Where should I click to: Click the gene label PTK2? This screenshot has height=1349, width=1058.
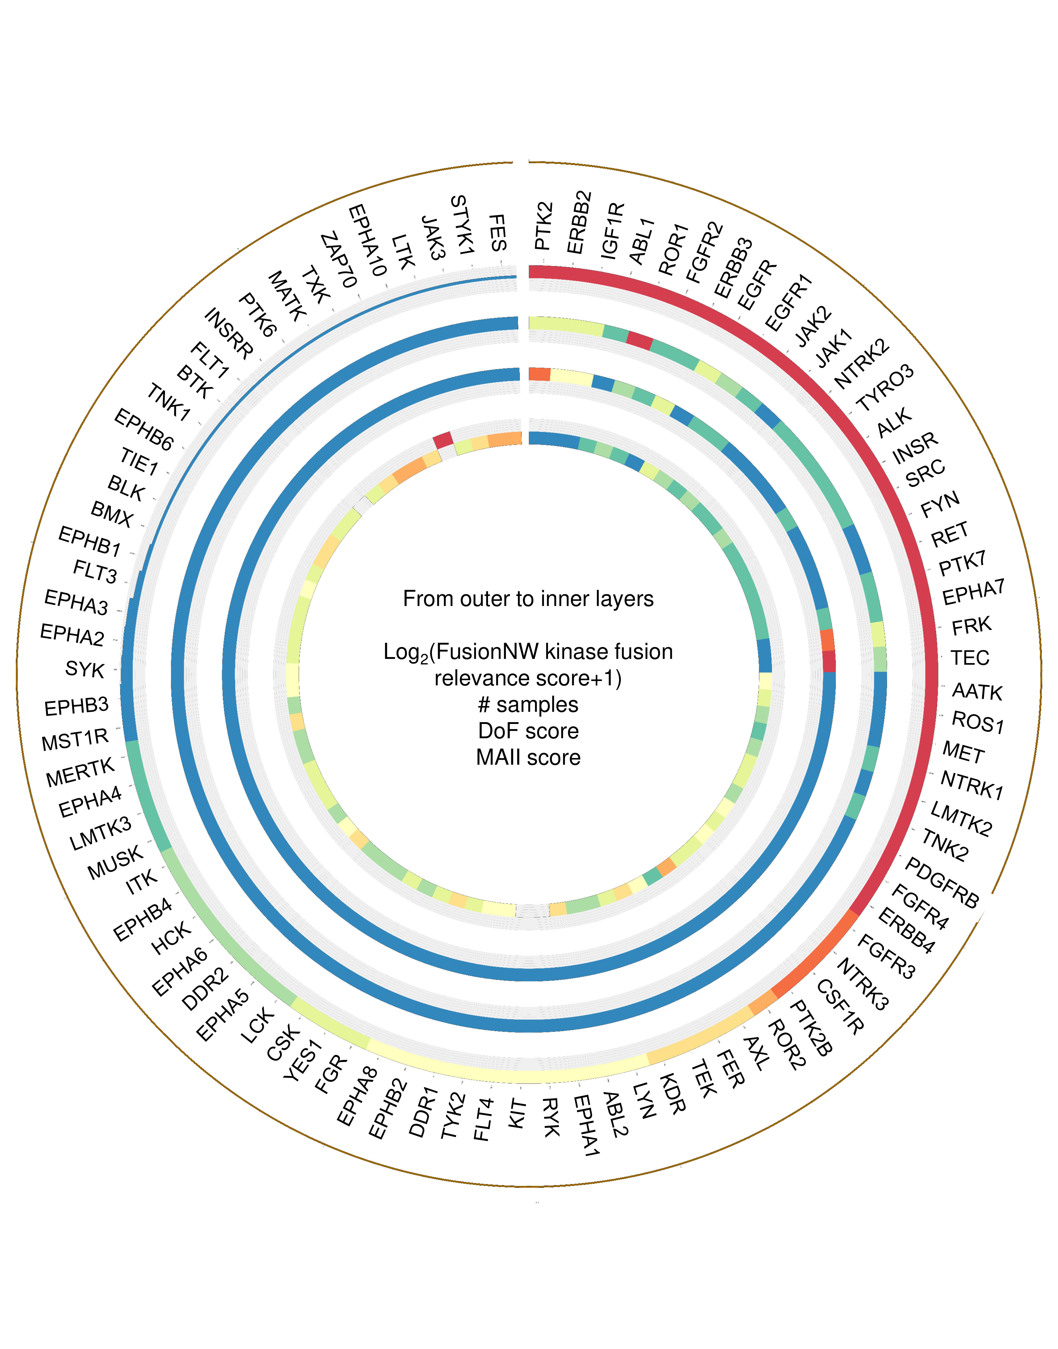point(543,226)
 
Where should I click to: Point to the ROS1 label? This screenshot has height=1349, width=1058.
point(978,722)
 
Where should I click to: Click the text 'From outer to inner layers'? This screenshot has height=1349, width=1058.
point(528,599)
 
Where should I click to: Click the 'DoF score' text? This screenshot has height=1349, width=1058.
point(528,731)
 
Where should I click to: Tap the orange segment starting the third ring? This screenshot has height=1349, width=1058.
point(539,374)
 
